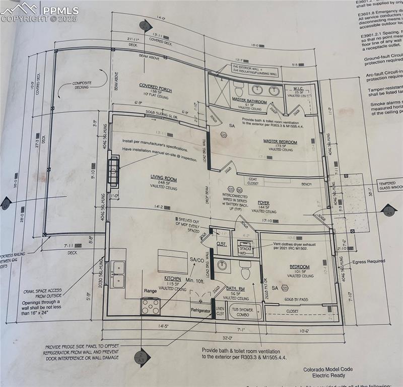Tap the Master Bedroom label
pos(280,142)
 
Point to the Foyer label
pos(263,203)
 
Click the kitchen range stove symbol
pos(151,305)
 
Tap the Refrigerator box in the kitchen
pos(200,311)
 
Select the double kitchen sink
pos(118,274)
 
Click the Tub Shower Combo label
pos(243,312)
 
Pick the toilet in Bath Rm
pos(245,271)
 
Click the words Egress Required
pos(369,261)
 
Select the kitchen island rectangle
pos(173,261)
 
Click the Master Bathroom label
pos(249,101)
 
